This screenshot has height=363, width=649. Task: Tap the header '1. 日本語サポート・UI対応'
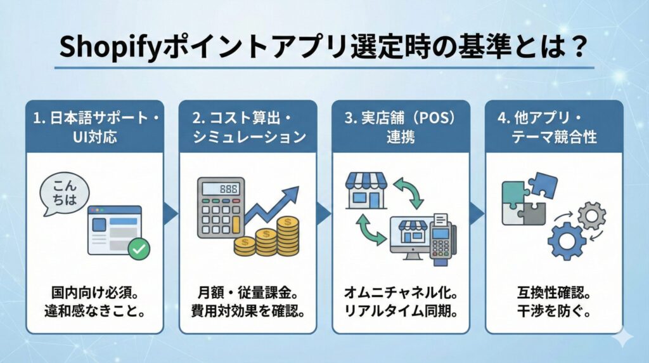[94, 126]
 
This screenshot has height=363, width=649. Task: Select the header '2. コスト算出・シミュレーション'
[248, 126]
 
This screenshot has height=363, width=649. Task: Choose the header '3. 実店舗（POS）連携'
[401, 126]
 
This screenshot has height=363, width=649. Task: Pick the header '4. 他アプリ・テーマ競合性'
[554, 126]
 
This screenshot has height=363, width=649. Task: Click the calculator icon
[221, 207]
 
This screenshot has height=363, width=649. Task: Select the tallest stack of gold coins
[288, 235]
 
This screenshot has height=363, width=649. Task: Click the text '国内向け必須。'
[94, 293]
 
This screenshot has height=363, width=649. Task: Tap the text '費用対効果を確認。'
[248, 311]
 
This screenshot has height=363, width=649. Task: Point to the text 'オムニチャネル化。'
[401, 293]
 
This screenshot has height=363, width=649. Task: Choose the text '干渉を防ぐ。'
[554, 311]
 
